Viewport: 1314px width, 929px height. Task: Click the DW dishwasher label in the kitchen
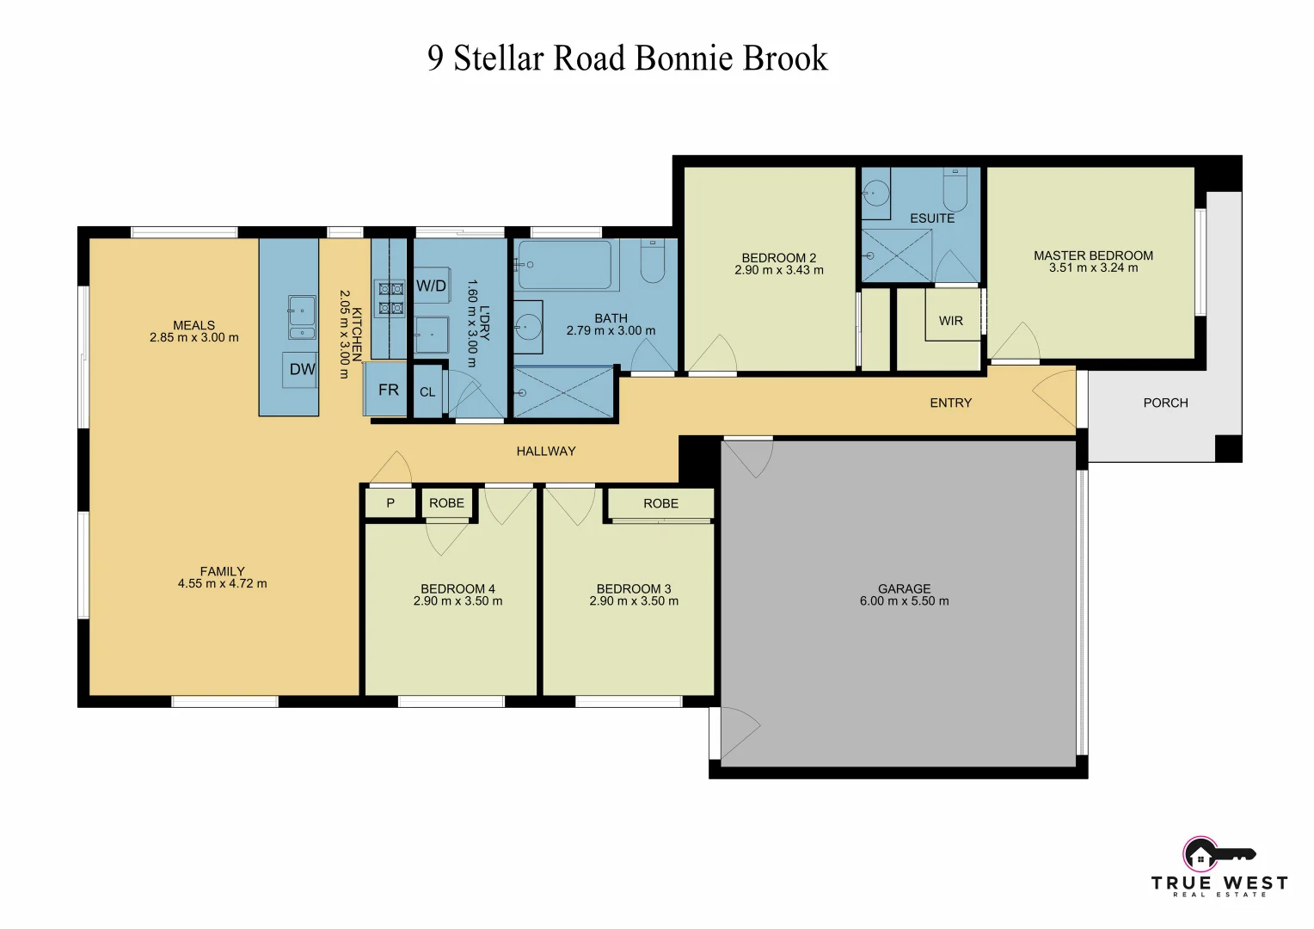pos(302,370)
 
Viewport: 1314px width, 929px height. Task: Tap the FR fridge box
pos(388,391)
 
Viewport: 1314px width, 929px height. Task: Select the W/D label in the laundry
pos(431,286)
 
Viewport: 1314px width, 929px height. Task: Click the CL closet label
pos(427,392)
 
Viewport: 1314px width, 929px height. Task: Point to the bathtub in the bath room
pos(566,265)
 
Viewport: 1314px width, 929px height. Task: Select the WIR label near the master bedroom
pos(950,321)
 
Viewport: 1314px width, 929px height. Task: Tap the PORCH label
pos(1165,403)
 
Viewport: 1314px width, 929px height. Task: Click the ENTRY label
pos(950,403)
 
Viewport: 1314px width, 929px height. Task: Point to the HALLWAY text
pos(546,451)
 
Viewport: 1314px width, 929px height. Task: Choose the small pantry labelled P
pos(390,503)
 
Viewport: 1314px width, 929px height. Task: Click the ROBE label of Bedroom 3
pos(660,504)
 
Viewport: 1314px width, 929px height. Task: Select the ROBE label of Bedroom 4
pos(446,503)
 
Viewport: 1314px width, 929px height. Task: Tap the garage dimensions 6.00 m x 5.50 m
pos(904,601)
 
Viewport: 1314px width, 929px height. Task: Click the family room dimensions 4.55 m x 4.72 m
pos(222,584)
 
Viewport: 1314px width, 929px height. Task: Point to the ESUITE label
pos(932,218)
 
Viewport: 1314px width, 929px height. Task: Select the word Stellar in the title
pos(499,58)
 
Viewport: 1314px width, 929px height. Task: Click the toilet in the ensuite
pos(955,185)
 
